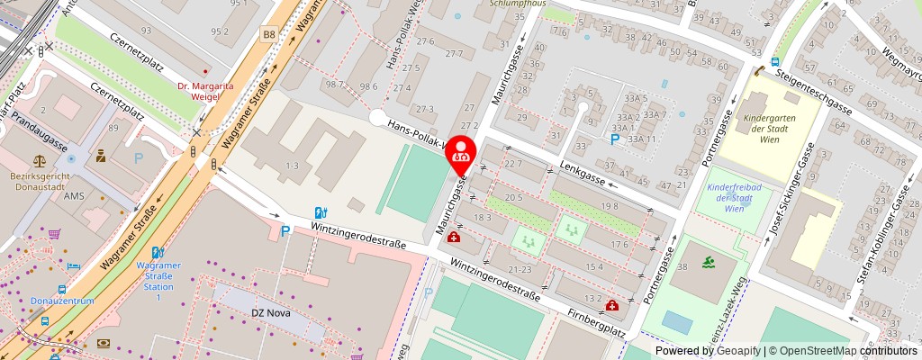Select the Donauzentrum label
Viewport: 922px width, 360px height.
[61, 301]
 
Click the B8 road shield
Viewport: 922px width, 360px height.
[268, 34]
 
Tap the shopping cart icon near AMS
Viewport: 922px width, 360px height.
[53, 234]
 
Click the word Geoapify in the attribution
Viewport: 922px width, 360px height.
[738, 351]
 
